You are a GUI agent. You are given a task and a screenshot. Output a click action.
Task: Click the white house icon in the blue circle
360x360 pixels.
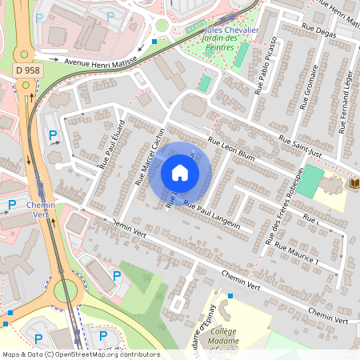pos(180,172)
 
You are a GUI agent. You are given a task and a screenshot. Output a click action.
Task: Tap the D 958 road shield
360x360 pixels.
pos(27,70)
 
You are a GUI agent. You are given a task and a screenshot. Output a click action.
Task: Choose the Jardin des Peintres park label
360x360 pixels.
pos(226,40)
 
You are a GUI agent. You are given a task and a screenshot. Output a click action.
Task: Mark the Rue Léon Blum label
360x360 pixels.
pos(230,150)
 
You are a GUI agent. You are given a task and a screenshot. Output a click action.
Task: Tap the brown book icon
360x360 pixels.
pos(354,184)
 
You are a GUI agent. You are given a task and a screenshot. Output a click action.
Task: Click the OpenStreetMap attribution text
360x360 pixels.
pos(80,354)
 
